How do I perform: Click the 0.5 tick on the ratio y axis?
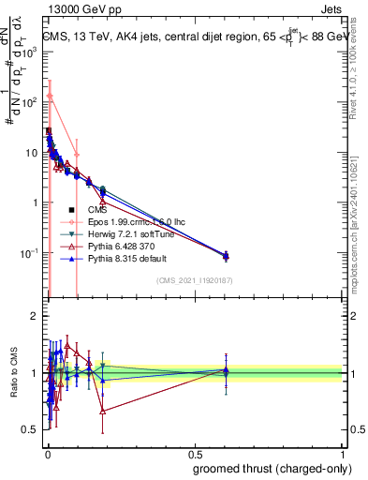tap(29, 429)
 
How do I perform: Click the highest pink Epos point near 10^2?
tap(51, 97)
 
